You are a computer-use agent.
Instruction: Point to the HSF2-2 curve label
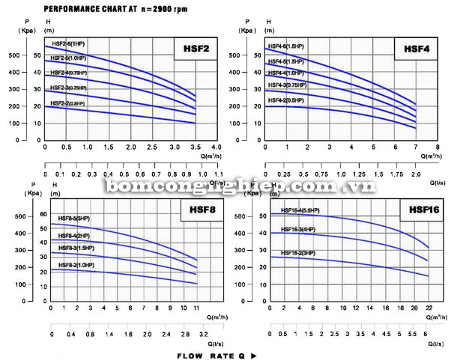coord(68,103)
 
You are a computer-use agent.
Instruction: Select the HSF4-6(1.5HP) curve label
coord(286,48)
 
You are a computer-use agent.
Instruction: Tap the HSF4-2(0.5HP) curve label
coord(286,100)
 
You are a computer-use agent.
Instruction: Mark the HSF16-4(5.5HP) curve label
coord(300,210)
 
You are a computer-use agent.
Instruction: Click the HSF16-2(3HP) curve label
coord(298,253)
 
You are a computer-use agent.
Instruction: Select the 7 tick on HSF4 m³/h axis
coord(416,147)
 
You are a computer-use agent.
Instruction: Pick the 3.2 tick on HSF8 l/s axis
coord(203,335)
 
